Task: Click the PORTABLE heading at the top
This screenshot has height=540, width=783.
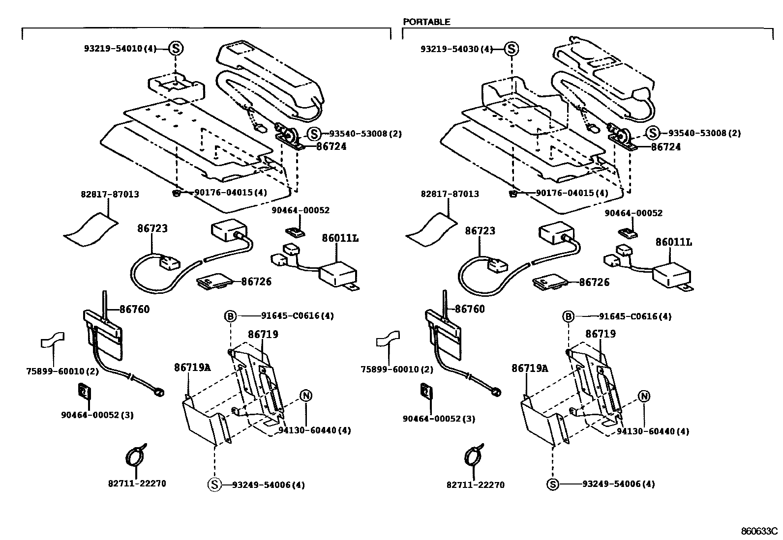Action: [x=426, y=22]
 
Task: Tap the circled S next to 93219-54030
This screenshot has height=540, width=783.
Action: [x=512, y=49]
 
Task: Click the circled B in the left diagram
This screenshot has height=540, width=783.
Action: [x=230, y=316]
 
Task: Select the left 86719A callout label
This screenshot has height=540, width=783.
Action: [x=192, y=368]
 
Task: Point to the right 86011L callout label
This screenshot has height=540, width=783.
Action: [x=673, y=242]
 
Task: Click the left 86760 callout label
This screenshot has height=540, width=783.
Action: [x=134, y=309]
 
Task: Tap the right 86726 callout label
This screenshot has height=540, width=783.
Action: [x=594, y=282]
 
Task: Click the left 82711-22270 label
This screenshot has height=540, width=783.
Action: [x=137, y=483]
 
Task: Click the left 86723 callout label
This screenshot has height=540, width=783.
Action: [x=152, y=228]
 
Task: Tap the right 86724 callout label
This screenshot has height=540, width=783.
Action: [x=666, y=147]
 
